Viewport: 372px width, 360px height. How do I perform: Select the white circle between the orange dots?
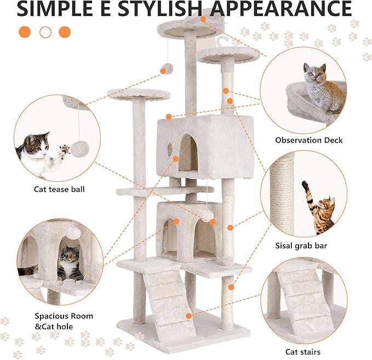(x=45, y=32)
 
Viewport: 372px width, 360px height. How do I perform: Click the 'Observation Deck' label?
(x=308, y=140)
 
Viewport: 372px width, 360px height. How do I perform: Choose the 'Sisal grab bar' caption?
(x=302, y=246)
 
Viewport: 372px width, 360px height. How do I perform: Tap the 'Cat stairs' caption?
(x=302, y=352)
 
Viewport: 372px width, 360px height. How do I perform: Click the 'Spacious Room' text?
(x=64, y=316)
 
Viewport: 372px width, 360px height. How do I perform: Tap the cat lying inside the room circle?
(x=68, y=263)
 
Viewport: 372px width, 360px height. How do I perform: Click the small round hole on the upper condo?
(x=170, y=148)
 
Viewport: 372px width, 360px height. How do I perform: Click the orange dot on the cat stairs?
(x=190, y=316)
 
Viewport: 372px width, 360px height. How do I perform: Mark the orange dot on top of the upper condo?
(x=169, y=116)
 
